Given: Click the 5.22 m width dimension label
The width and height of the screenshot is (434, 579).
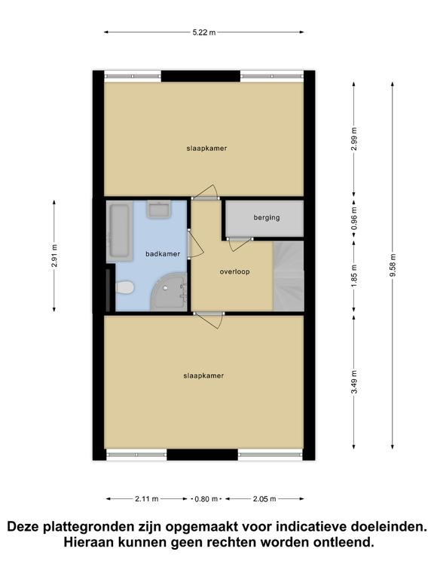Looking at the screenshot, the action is tap(203, 32).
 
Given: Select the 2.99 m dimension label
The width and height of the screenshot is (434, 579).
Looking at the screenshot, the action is tap(354, 139).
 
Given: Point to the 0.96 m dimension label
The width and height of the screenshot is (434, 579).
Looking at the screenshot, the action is tap(354, 218).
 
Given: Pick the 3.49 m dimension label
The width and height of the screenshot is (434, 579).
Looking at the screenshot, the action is tap(354, 381).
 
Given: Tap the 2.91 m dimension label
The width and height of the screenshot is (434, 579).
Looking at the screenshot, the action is tap(54, 256).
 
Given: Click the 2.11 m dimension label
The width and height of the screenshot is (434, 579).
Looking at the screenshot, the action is tap(146, 499).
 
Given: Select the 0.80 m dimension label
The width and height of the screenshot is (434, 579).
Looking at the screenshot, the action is tap(206, 499).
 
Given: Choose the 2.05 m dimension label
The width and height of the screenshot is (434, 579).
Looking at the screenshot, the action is tap(264, 499).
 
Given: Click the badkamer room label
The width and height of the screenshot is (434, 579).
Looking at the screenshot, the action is tap(163, 254).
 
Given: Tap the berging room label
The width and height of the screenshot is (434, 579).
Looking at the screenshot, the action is tap(267, 217).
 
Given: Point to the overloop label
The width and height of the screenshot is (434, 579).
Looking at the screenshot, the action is tap(235, 271).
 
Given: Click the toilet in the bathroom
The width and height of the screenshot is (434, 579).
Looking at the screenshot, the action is tap(124, 288).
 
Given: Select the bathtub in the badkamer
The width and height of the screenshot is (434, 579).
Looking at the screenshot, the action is tap(120, 231).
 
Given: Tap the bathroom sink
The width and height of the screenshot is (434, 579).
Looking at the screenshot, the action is tap(159, 210).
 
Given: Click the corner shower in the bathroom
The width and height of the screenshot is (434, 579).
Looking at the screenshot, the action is tap(169, 292).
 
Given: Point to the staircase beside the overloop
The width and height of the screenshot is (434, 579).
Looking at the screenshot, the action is tap(289, 276).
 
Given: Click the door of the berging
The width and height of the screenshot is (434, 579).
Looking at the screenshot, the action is tap(240, 244).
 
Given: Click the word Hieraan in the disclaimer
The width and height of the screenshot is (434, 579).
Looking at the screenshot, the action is tap(88, 543).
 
